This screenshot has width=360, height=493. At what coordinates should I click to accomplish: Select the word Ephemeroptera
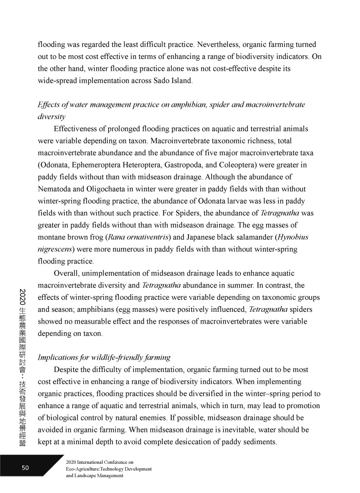click(97, 164)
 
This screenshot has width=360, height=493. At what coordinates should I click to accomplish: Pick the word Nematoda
click(57, 189)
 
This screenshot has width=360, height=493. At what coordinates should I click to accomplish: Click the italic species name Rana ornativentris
click(133, 237)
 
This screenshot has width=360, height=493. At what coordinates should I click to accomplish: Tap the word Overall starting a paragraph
click(68, 273)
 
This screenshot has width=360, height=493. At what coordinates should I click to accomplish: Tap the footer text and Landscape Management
click(95, 475)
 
